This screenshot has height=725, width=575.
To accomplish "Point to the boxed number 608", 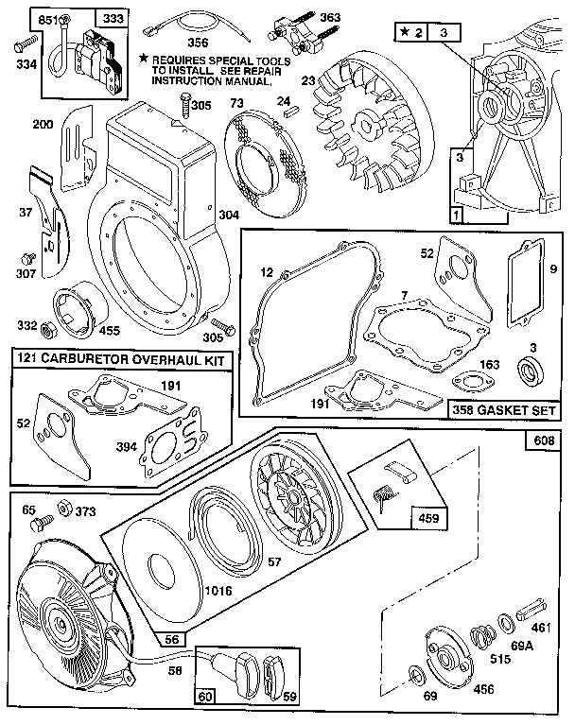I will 545,441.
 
